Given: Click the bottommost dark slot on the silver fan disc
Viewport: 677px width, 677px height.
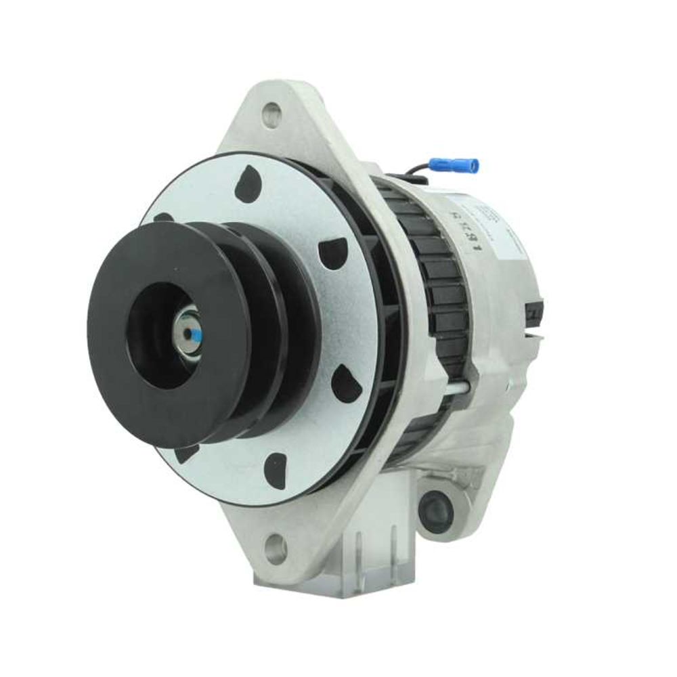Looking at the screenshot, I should click(x=275, y=467).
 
